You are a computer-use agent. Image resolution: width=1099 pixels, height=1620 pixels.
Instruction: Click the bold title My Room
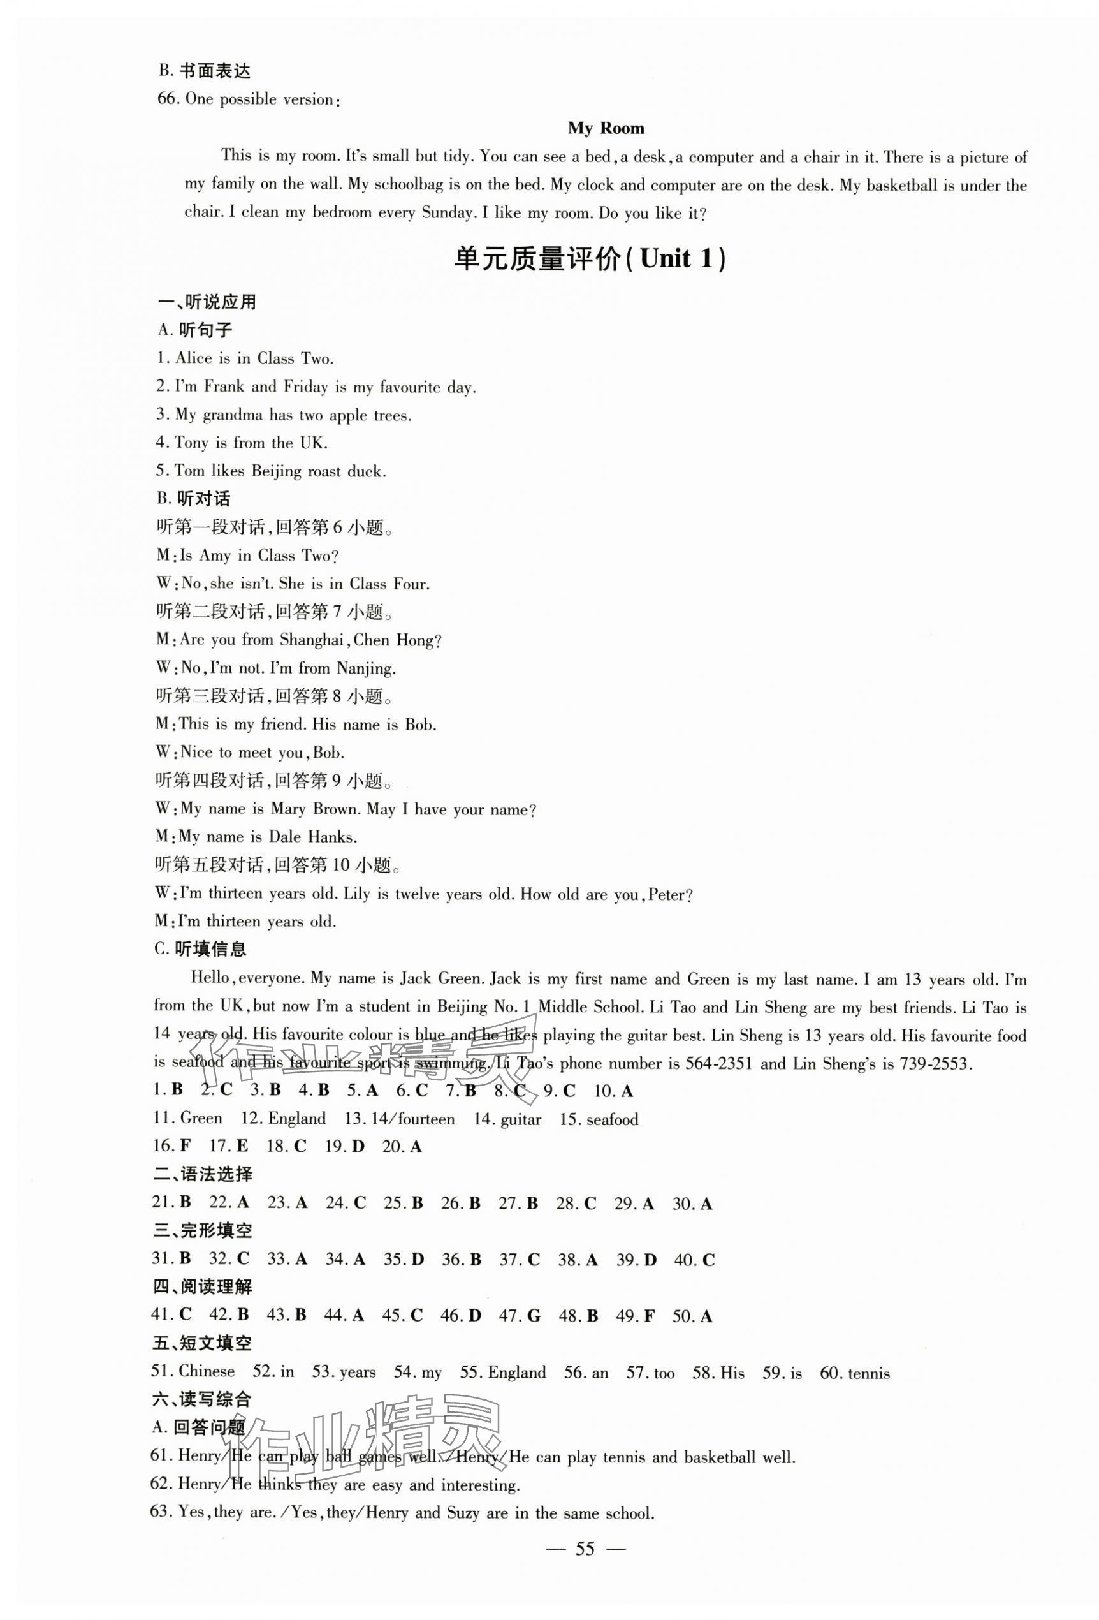[x=605, y=128]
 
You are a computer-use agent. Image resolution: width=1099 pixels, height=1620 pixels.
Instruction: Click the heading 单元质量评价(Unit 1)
[x=589, y=260]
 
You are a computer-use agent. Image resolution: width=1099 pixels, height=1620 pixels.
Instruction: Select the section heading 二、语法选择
[x=203, y=1175]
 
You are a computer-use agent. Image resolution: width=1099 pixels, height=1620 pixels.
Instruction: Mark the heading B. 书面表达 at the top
[x=204, y=70]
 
